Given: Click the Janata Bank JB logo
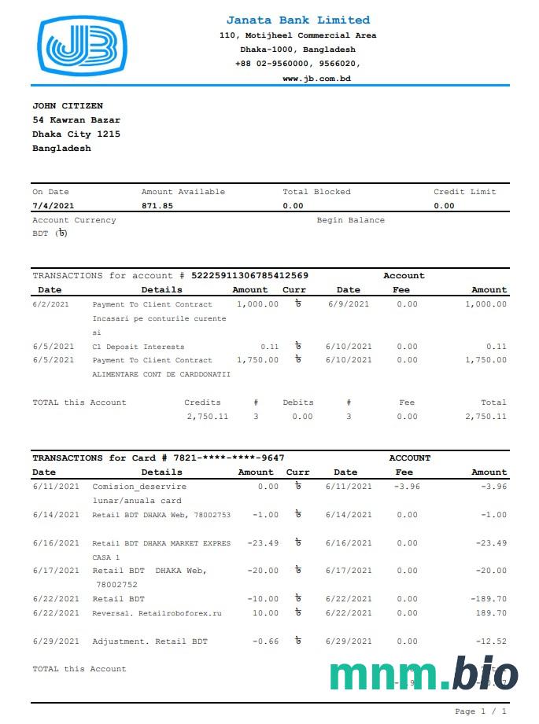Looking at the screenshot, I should pos(82,46).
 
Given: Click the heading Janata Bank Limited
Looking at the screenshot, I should pos(297,20).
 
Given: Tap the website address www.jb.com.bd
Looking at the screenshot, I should pos(316,79).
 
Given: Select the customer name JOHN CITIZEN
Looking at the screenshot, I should pos(68,106).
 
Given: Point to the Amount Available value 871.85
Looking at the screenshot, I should pos(157,206).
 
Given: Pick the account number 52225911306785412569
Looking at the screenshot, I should pos(249,276).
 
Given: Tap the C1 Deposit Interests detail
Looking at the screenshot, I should pos(138,347).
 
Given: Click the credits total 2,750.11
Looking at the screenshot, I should pos(208,417).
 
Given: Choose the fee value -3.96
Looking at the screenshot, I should pos(407,487).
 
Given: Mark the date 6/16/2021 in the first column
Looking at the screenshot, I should pos(56,543).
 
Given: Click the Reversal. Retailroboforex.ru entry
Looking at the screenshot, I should pos(157,613).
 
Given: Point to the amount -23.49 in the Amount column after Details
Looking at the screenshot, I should pos(263,543).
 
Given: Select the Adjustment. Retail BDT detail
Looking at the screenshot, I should pos(150,641).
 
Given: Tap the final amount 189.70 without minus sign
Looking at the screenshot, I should pos(491,613).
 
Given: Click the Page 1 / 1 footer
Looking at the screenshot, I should pos(481,711).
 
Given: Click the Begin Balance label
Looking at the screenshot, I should pos(350,220).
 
